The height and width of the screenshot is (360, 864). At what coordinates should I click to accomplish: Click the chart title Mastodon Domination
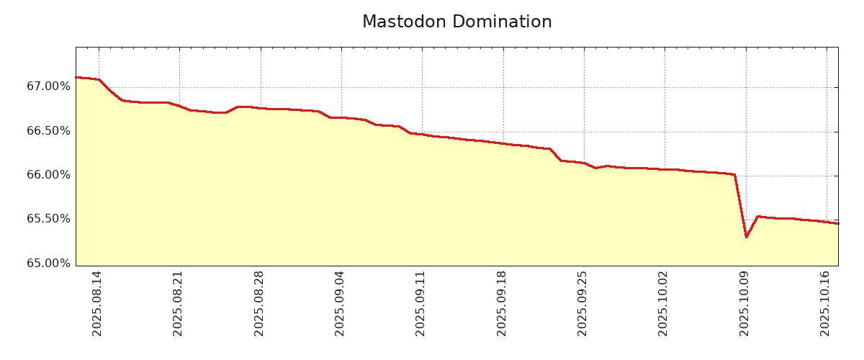click(456, 22)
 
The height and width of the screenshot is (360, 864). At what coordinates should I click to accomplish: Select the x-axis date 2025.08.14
click(98, 303)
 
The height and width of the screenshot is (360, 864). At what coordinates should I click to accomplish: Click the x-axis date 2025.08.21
click(179, 303)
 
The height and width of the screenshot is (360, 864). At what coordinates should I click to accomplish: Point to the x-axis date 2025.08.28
click(260, 303)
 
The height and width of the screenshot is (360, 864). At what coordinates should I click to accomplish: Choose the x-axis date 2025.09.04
click(341, 303)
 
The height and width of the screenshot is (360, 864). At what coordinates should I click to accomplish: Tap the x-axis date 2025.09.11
click(421, 303)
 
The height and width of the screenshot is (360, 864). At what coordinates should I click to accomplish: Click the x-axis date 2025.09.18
click(503, 303)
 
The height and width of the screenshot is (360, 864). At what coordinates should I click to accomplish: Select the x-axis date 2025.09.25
click(583, 303)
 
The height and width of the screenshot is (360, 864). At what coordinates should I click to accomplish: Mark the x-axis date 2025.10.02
click(664, 303)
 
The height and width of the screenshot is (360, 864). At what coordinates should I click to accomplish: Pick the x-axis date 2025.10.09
click(745, 303)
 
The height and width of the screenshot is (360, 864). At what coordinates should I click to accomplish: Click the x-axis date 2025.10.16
click(826, 303)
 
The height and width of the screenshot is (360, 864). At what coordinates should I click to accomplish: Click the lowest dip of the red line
click(746, 237)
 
